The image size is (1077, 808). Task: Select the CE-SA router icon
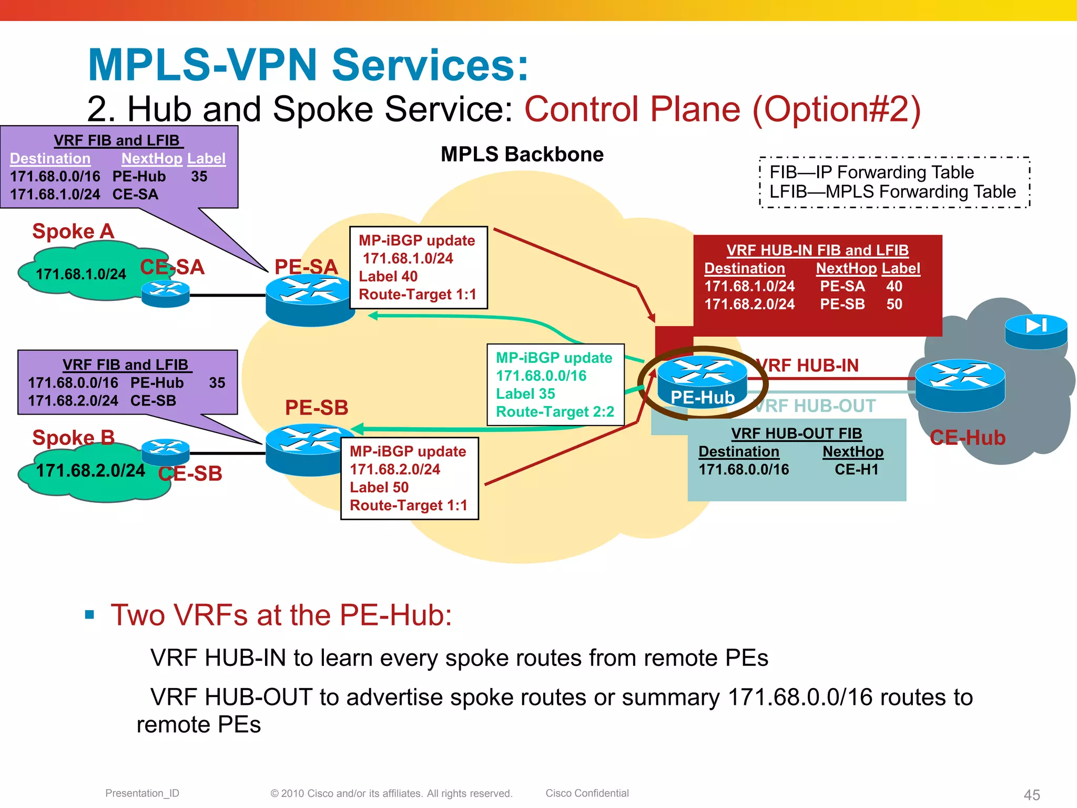pos(165,294)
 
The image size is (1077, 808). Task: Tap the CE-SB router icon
pos(165,451)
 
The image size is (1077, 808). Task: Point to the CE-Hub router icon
pos(960,385)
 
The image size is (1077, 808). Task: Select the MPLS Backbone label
pos(522,155)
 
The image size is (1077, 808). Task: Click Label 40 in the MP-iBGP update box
pos(388,277)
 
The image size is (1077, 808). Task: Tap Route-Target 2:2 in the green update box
pos(555,412)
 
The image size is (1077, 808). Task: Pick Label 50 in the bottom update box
pos(379,488)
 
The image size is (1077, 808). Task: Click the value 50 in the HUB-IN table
pos(894,305)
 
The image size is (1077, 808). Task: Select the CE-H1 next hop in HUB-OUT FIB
pos(856,470)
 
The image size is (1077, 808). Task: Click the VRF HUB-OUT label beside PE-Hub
pos(815,406)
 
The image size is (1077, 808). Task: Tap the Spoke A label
pos(73,231)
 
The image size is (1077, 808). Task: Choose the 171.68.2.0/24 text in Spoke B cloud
pos(90,471)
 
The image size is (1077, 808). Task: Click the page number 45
pos(1032,795)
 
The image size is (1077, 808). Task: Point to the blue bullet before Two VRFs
pos(89,614)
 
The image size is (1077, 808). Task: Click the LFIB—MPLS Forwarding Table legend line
pos(892,192)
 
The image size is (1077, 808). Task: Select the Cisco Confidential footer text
pos(587,793)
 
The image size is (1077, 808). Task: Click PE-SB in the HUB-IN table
pos(842,305)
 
